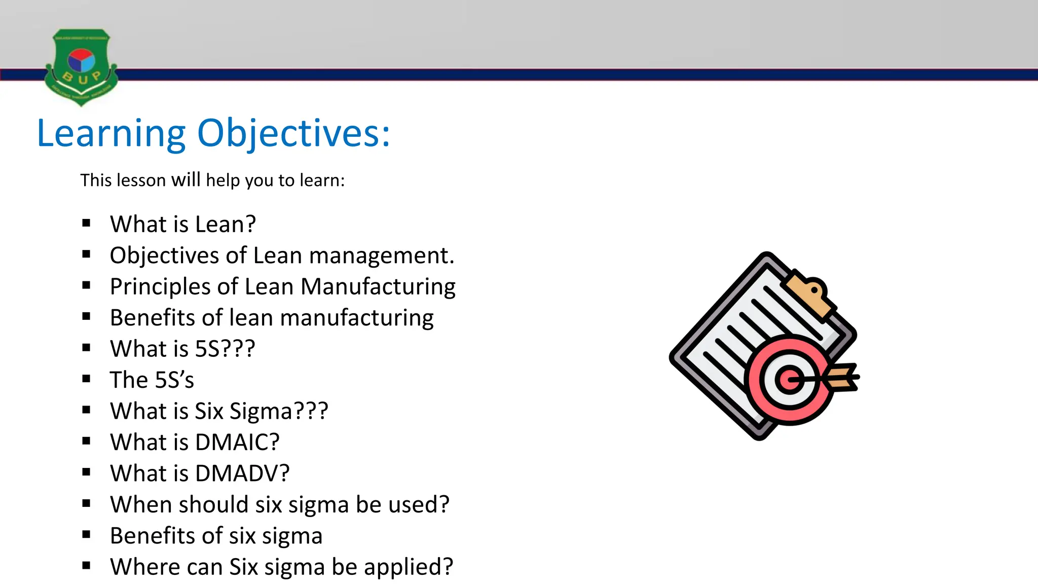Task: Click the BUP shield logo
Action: click(81, 67)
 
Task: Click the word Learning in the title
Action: click(112, 133)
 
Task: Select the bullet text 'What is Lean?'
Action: click(183, 224)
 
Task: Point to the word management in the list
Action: click(382, 255)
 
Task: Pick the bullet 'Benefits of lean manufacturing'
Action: click(272, 318)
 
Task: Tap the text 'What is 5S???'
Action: click(182, 349)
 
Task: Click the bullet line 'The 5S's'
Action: click(152, 380)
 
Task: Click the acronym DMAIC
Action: click(237, 442)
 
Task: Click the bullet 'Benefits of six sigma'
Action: click(216, 536)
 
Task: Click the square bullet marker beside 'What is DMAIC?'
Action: click(86, 442)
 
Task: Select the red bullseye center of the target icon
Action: click(789, 379)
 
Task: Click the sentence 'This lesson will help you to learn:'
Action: click(212, 180)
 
